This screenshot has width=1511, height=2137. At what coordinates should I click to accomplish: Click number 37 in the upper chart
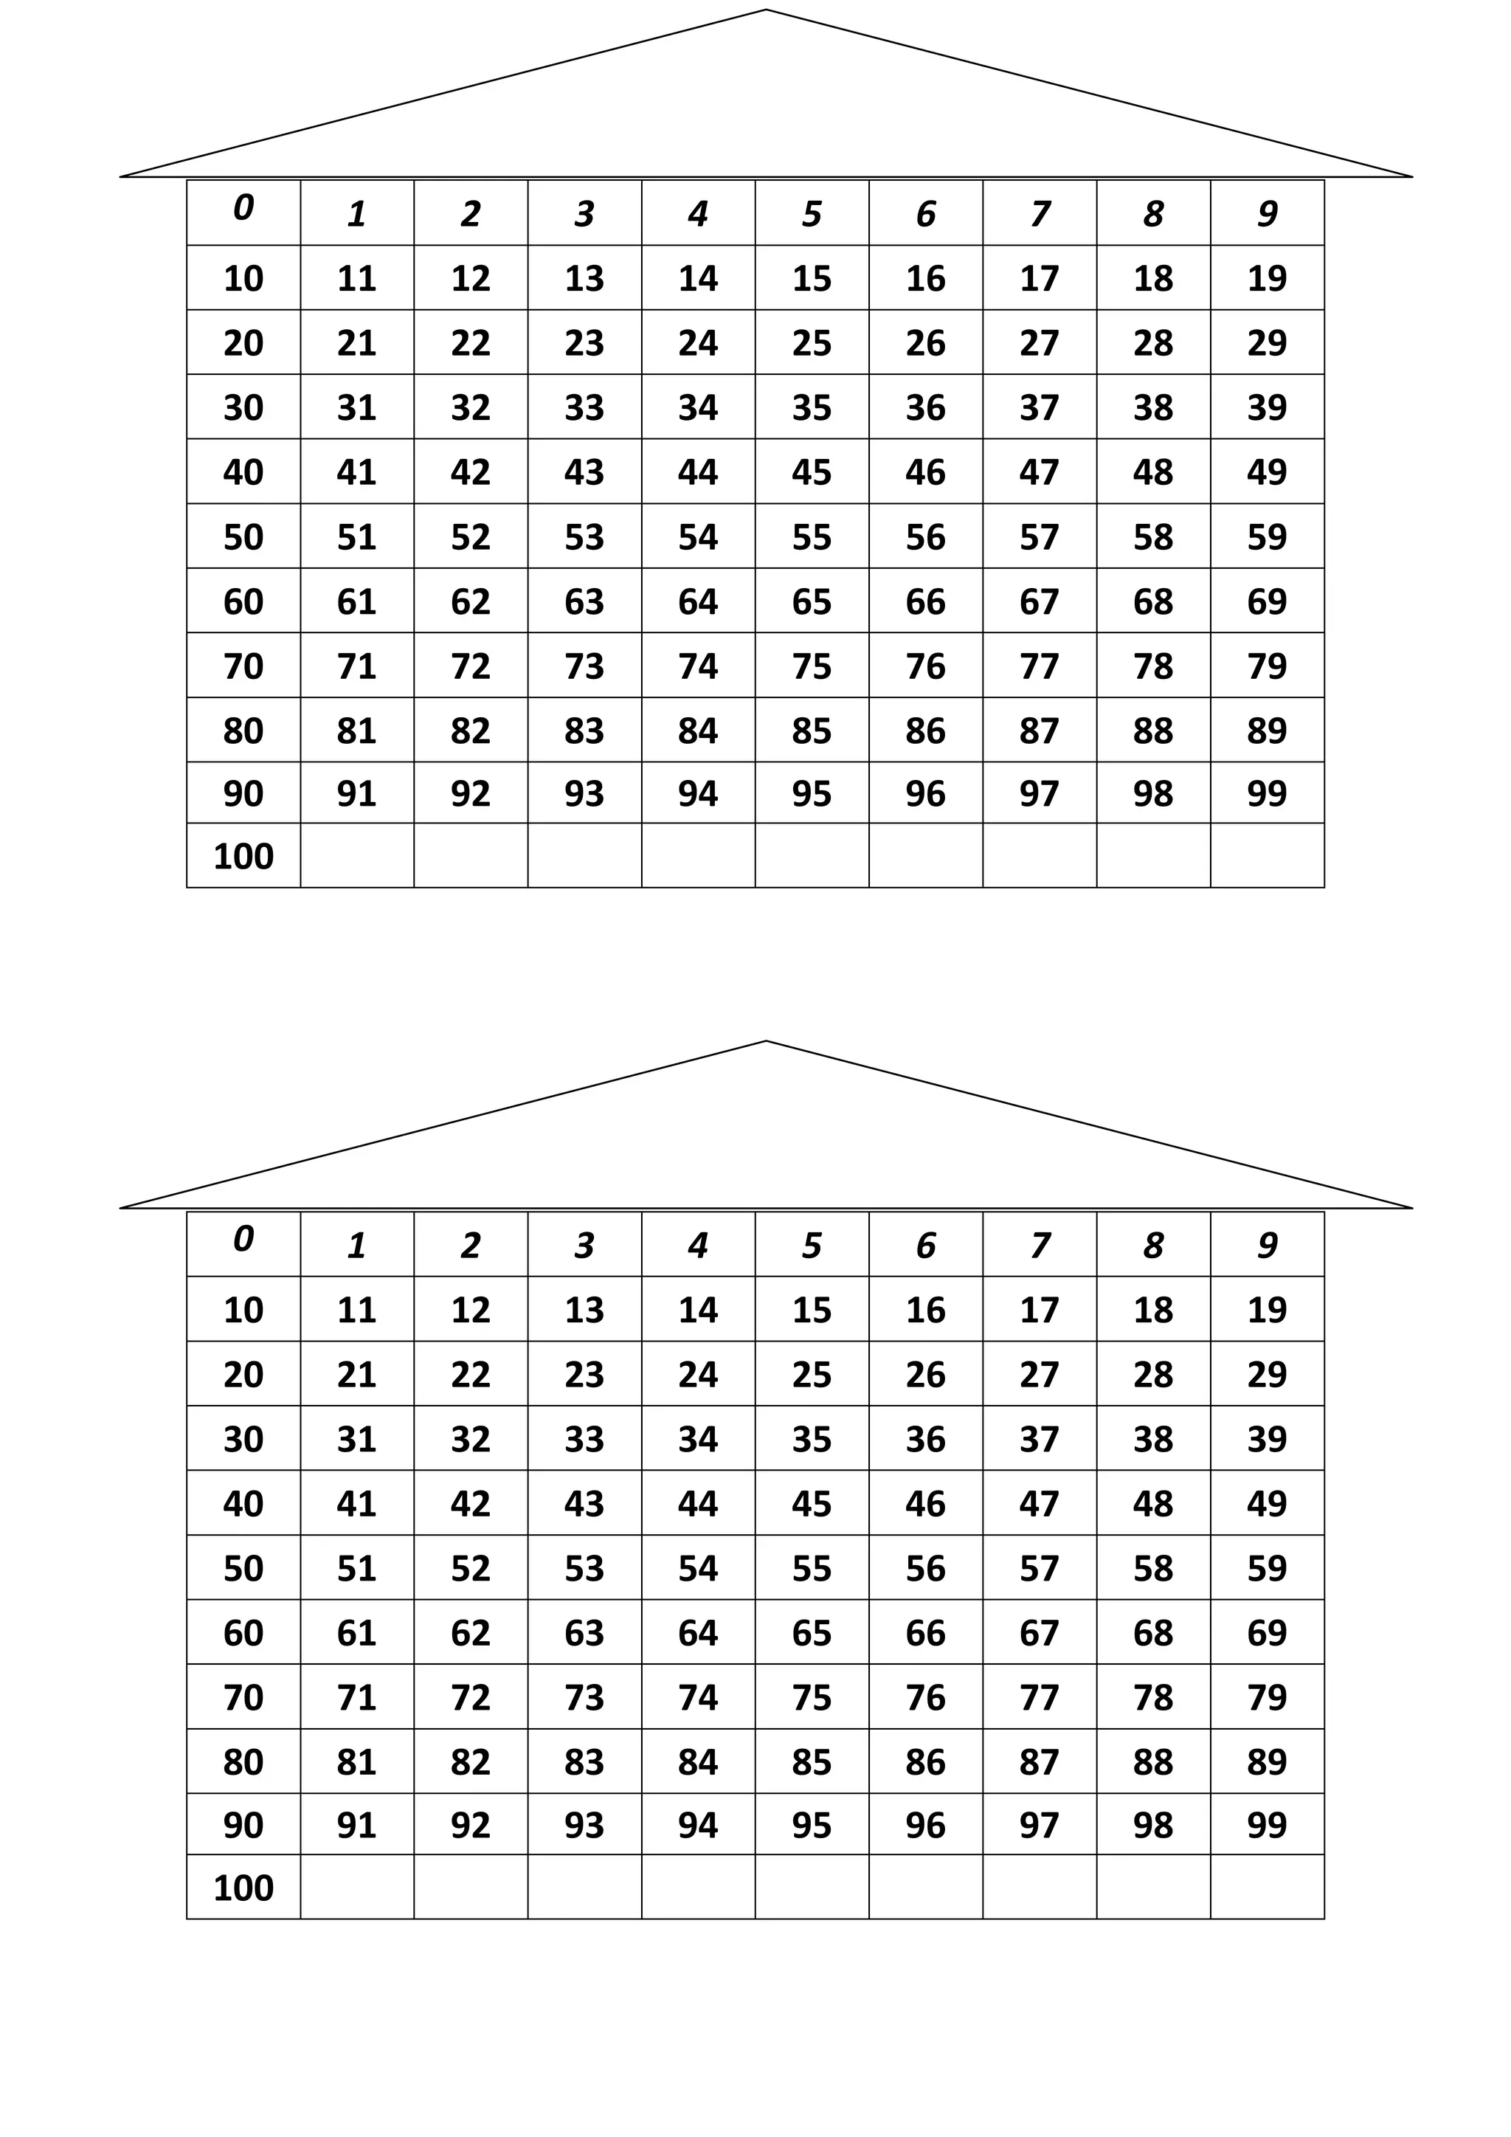pos(1040,407)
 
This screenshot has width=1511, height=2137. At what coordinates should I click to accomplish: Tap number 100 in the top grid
pos(243,856)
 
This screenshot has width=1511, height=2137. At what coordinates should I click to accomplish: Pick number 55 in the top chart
pos(812,537)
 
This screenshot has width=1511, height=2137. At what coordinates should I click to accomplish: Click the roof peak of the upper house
pos(766,11)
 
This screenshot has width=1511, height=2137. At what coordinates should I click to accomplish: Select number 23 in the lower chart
pos(584,1375)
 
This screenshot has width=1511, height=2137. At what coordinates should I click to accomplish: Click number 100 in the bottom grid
pos(243,1888)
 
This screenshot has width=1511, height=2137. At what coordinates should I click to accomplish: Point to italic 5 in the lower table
pos(812,1246)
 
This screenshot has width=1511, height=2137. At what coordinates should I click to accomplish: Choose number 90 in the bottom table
pos(243,1825)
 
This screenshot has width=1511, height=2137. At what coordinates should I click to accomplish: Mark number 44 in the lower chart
pos(698,1504)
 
